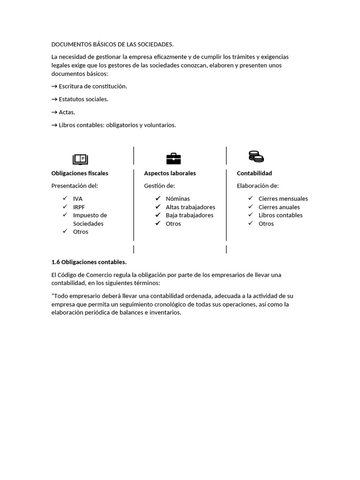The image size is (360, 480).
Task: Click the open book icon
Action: pos(80,159)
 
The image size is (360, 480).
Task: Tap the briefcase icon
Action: pos(173,158)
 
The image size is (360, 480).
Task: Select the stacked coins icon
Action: pos(256,157)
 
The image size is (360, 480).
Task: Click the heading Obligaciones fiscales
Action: pos(80,173)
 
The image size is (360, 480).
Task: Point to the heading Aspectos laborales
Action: pos(170,173)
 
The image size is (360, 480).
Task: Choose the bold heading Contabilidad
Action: pos(254,173)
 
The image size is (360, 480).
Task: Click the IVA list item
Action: pos(78,199)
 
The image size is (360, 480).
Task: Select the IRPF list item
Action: pos(79,207)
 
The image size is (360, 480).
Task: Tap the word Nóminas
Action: pos(178,199)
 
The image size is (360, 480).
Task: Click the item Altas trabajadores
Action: pos(190,207)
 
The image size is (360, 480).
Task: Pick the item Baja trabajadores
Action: pos(189,215)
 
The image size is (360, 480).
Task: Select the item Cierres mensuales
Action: pos(283,199)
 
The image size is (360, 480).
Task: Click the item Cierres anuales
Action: pos(279,207)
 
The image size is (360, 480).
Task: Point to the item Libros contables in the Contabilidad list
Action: pos(280,215)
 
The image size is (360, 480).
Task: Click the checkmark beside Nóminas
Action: pos(158,199)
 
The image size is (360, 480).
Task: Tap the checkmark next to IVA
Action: pos(65,199)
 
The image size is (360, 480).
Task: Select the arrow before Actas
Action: pos(54,112)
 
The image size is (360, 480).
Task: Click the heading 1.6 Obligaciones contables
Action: pos(89,262)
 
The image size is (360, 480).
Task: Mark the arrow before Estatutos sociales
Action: pos(54,99)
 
